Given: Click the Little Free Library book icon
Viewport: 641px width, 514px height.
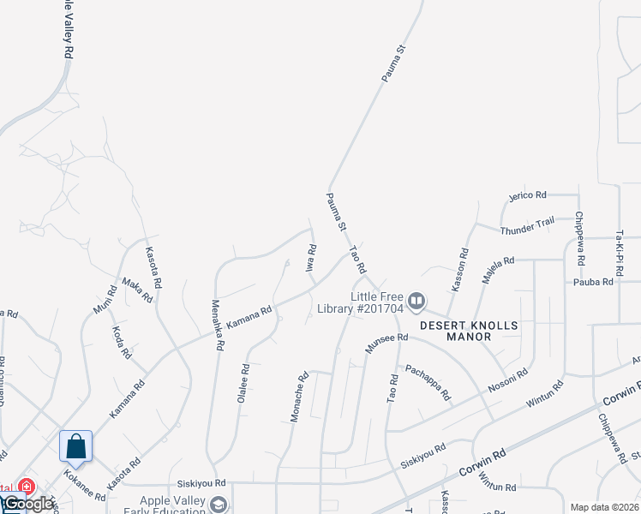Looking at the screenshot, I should pyautogui.click(x=416, y=301).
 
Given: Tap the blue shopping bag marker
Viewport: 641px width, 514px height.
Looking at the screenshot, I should pyautogui.click(x=75, y=446).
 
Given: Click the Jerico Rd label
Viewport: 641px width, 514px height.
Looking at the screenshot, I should pyautogui.click(x=527, y=195).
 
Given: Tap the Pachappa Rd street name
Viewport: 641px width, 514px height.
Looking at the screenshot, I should pyautogui.click(x=428, y=382).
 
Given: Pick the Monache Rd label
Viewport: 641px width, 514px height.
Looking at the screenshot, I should pyautogui.click(x=297, y=397).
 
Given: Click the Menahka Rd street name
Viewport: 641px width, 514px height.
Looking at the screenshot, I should pyautogui.click(x=217, y=324).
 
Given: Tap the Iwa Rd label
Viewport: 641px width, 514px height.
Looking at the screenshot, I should pyautogui.click(x=312, y=258).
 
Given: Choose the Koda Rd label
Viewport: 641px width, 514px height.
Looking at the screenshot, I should pyautogui.click(x=122, y=341).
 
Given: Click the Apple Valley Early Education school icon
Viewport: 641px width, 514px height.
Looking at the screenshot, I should pyautogui.click(x=219, y=505).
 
